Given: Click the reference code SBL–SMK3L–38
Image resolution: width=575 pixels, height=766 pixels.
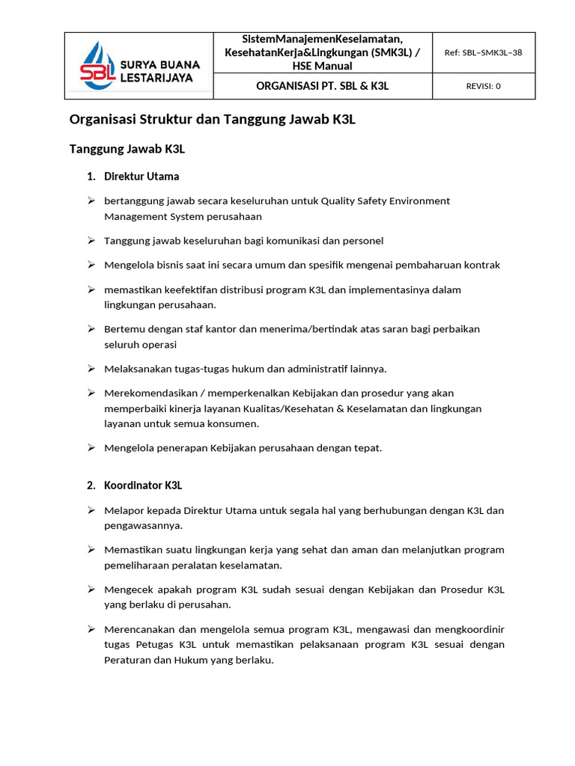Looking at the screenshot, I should pos(483,52).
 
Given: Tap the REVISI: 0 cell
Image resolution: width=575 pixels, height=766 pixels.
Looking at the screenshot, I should pos(483,86).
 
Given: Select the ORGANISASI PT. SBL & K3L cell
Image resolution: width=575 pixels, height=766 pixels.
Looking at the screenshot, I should pos(322,86).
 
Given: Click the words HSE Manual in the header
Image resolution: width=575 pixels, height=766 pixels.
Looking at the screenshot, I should pos(322,66).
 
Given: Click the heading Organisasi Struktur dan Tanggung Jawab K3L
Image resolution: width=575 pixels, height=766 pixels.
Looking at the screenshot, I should pos(212,120).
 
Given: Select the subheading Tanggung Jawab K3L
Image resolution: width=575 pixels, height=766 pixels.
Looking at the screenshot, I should pos(127,149).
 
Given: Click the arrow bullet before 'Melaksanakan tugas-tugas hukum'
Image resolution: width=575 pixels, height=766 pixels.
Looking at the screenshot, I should pos(91,368).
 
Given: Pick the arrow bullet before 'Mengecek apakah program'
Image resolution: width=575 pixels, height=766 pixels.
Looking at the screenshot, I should pos(91,589).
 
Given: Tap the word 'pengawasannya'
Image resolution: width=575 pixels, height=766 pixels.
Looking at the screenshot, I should pos(142,525).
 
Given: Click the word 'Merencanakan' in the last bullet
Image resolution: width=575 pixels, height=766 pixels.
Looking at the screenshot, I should pos(139,628).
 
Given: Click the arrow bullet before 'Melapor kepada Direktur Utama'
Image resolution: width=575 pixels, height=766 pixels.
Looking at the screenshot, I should pos(91,510).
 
